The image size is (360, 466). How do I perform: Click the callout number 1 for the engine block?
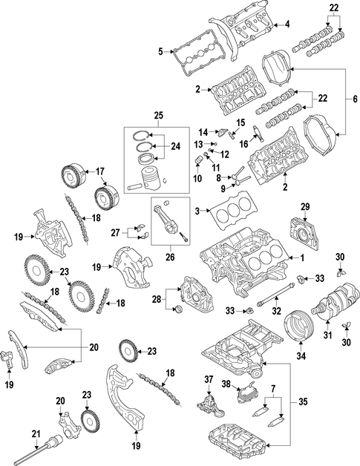coord(302,258)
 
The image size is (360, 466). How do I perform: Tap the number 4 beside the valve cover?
coord(287,24)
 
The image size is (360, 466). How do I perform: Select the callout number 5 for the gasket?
coord(161,52)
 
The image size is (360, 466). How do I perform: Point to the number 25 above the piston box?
coord(159,115)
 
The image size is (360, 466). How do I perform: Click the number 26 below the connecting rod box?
coord(170,257)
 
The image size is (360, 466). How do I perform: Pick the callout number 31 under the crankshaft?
coord(327,335)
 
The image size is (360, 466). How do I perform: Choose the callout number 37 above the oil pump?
coord(209,379)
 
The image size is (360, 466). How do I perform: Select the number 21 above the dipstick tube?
coord(36,426)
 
